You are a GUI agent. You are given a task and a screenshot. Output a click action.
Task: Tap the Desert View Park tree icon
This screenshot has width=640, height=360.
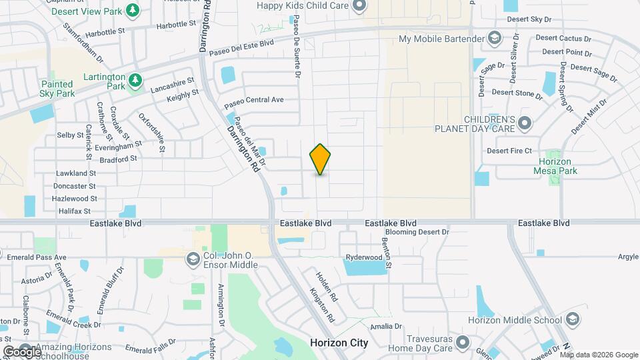click(133, 10)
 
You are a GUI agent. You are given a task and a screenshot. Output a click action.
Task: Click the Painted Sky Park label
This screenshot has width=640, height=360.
click(57, 89)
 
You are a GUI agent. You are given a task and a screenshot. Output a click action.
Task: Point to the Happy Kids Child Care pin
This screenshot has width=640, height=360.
click(360, 7)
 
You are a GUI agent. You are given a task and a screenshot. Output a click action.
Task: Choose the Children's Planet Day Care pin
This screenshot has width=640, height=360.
click(525, 123)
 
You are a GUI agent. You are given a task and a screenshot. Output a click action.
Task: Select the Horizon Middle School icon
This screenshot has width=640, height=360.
click(571, 320)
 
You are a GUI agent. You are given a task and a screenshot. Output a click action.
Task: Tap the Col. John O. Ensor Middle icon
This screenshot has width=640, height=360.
click(193, 257)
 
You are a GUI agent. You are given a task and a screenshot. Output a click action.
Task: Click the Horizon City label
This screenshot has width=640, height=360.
click(339, 343)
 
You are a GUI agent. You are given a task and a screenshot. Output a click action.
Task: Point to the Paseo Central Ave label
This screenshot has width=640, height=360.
click(254, 101)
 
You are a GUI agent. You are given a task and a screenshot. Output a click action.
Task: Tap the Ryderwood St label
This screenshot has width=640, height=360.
click(363, 257)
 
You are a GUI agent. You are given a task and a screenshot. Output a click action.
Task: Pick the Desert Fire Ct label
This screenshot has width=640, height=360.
click(509, 151)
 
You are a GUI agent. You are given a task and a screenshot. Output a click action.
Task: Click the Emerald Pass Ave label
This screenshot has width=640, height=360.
click(33, 257)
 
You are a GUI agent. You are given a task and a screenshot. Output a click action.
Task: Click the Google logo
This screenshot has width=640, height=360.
click(22, 351)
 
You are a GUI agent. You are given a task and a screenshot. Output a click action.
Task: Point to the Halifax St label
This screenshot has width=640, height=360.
click(73, 211)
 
